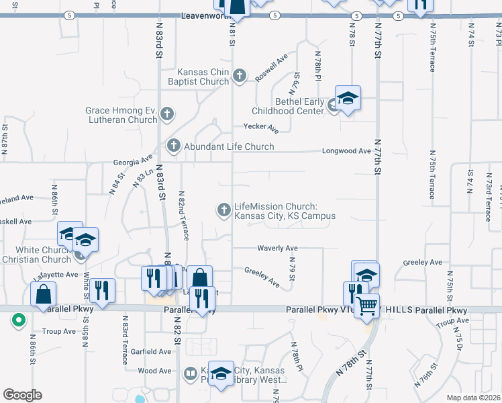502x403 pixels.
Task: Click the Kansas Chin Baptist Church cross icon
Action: point(241,76)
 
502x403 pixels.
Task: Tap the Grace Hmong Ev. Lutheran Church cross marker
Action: point(168,115)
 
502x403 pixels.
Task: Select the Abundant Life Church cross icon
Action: point(174,146)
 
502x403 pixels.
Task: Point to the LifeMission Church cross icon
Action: point(223,210)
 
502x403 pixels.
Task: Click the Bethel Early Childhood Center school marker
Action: point(348,99)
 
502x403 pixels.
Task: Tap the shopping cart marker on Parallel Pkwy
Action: point(366,306)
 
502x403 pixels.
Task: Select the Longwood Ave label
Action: point(346,151)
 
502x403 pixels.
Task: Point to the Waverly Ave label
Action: point(277,248)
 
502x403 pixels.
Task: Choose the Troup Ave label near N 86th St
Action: point(59,331)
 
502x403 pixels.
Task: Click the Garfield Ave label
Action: point(151,351)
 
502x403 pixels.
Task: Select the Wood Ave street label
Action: point(155,371)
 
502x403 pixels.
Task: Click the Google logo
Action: point(22,395)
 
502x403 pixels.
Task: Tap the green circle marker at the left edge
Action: point(19,320)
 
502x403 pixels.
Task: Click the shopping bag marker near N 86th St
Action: point(43,295)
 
